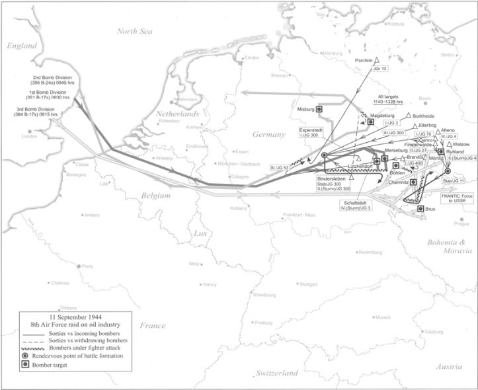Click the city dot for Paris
79,266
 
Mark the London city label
29,136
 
